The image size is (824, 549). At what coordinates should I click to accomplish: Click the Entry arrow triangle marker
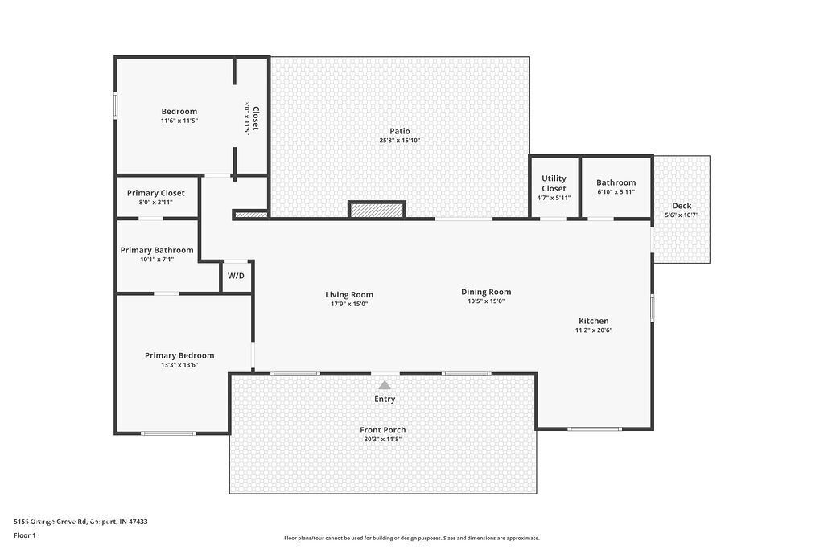385,385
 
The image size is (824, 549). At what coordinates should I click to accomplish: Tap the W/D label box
236,276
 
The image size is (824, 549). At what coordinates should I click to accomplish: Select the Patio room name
400,131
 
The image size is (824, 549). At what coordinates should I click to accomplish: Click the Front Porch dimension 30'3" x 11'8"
383,440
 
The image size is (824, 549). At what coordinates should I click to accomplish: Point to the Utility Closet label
554,183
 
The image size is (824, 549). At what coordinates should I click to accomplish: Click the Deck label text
682,206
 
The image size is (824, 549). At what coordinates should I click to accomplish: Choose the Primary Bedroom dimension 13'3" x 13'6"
179,365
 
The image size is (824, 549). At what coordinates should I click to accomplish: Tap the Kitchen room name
594,321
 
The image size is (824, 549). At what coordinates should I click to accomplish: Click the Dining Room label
486,292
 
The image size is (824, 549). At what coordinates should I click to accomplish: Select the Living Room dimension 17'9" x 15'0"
349,304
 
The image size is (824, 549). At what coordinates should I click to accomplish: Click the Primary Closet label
156,193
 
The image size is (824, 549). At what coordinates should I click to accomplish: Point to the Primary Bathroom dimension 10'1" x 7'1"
157,260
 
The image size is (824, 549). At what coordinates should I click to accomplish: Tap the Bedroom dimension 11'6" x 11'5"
179,121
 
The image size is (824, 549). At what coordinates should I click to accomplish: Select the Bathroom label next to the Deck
616,182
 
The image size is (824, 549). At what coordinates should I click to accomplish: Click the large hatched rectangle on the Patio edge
377,210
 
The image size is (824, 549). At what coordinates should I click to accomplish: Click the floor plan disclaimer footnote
412,539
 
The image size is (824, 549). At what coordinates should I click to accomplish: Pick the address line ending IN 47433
80,522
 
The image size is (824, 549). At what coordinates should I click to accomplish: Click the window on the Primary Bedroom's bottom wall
168,433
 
